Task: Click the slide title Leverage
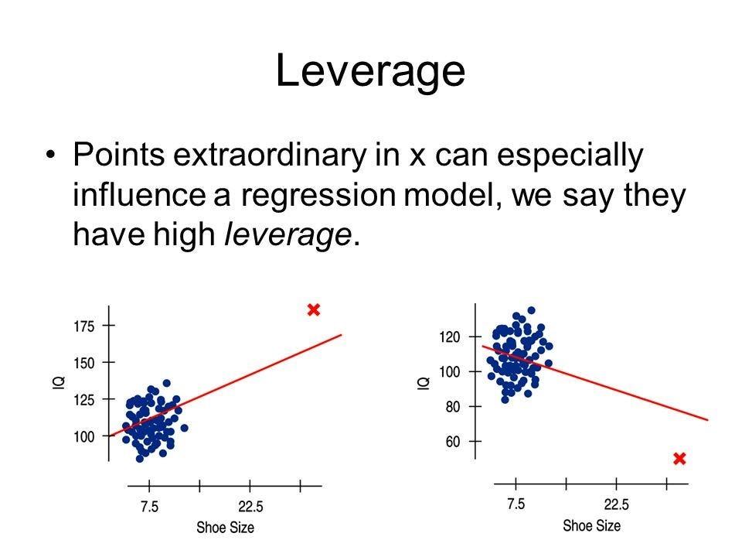coord(370,71)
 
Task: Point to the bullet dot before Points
coord(51,155)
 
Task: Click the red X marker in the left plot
coord(314,309)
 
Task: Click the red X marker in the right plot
coord(679,459)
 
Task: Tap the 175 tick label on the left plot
coord(83,326)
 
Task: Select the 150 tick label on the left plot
coord(83,364)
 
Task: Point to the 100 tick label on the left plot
coord(83,436)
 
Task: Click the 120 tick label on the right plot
coord(450,337)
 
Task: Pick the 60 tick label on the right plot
coord(453,442)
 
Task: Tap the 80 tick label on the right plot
coord(453,407)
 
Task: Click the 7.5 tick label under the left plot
coord(149,507)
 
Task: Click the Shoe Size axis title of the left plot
coord(225,528)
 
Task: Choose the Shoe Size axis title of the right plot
coord(591,526)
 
